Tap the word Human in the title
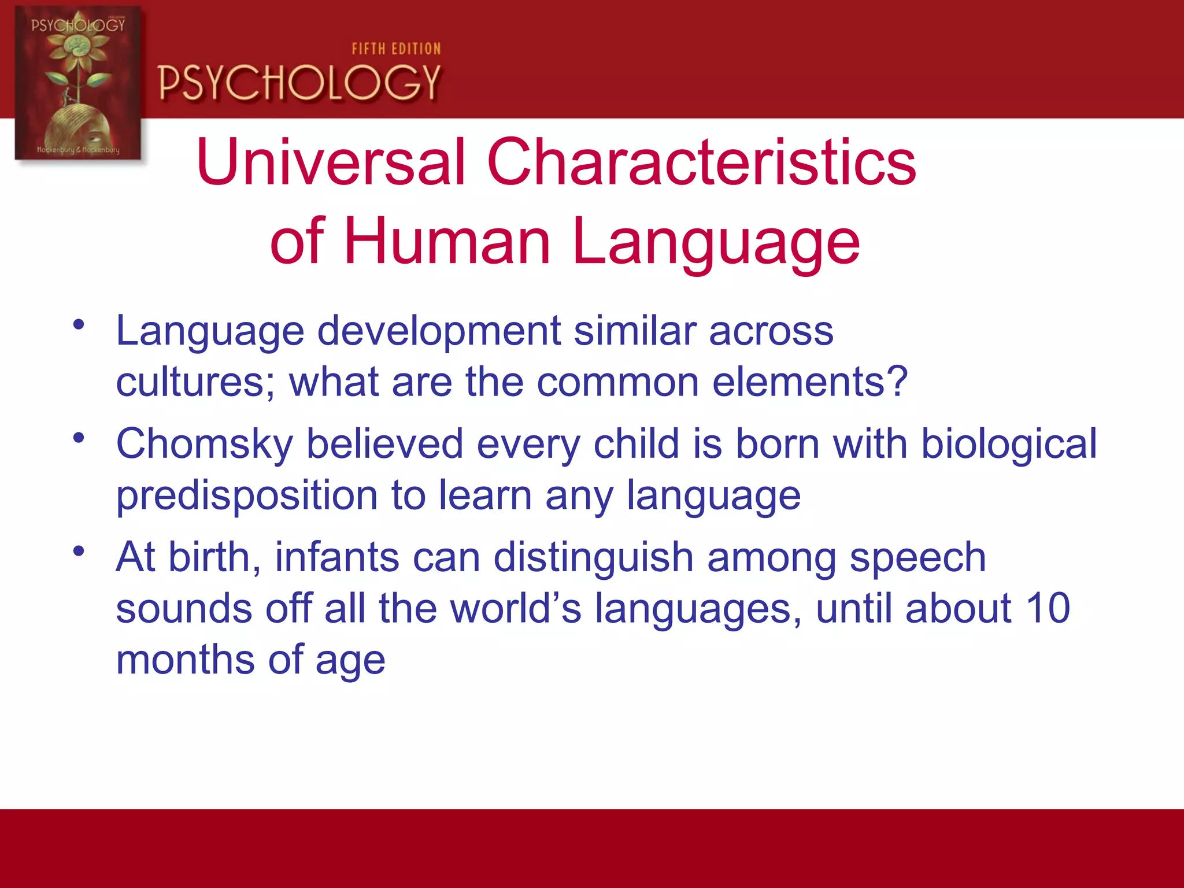[x=447, y=242]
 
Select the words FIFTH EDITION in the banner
[x=396, y=49]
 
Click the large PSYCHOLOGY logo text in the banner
[x=299, y=83]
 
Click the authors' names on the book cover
[x=78, y=150]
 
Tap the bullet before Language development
[x=79, y=324]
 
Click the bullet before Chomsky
[x=79, y=438]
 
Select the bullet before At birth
[x=79, y=551]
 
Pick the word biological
[x=1008, y=444]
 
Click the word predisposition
[x=247, y=496]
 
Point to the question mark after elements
[x=897, y=382]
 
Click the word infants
[x=336, y=557]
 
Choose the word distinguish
[x=593, y=558]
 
